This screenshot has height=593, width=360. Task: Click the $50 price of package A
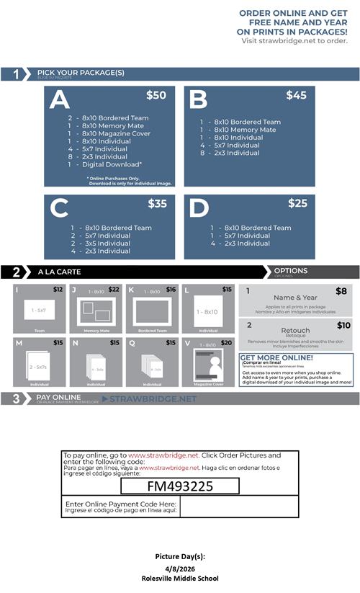156,95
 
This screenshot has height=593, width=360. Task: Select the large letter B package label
198,100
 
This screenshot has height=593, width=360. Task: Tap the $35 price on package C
157,204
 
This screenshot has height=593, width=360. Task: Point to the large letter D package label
198,209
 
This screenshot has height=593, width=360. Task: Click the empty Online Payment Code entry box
238,507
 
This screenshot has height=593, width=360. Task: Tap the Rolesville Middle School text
180,578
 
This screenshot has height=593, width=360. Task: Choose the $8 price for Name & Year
343,291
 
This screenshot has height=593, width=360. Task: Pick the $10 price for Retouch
343,326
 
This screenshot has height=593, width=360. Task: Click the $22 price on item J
114,290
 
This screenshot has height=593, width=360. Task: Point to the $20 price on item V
226,343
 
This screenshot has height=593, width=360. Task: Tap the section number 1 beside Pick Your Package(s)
15,74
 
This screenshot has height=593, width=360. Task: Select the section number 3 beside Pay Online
15,398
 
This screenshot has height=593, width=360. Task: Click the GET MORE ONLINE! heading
276,357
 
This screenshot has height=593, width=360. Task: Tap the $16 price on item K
171,290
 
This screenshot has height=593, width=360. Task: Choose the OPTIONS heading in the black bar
290,271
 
